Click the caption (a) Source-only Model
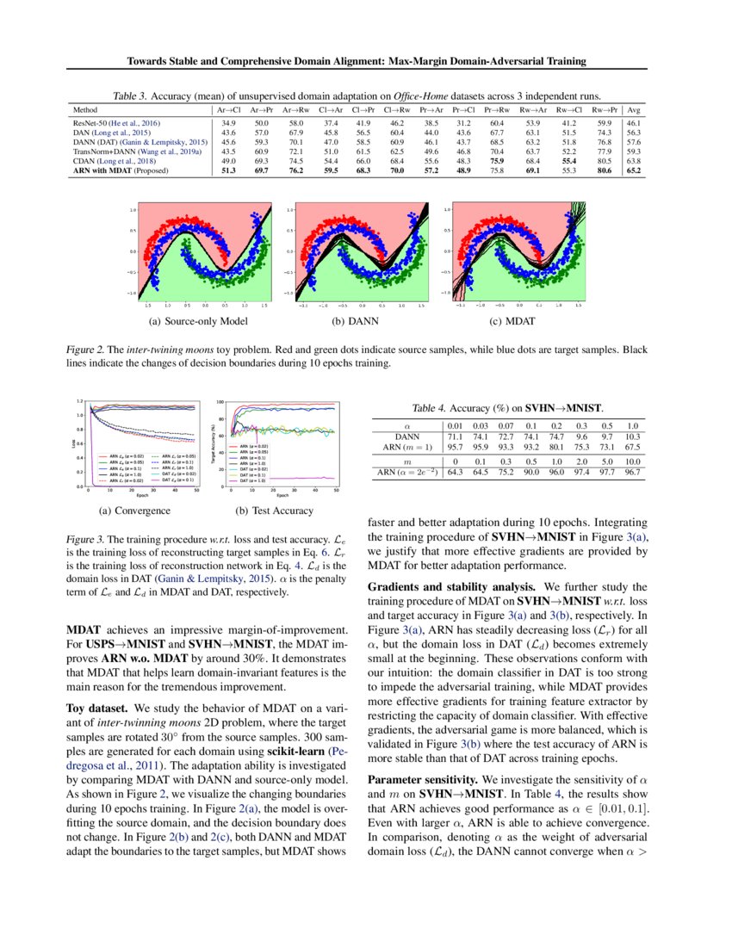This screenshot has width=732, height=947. click(x=198, y=321)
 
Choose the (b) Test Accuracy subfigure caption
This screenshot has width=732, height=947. click(x=272, y=511)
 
